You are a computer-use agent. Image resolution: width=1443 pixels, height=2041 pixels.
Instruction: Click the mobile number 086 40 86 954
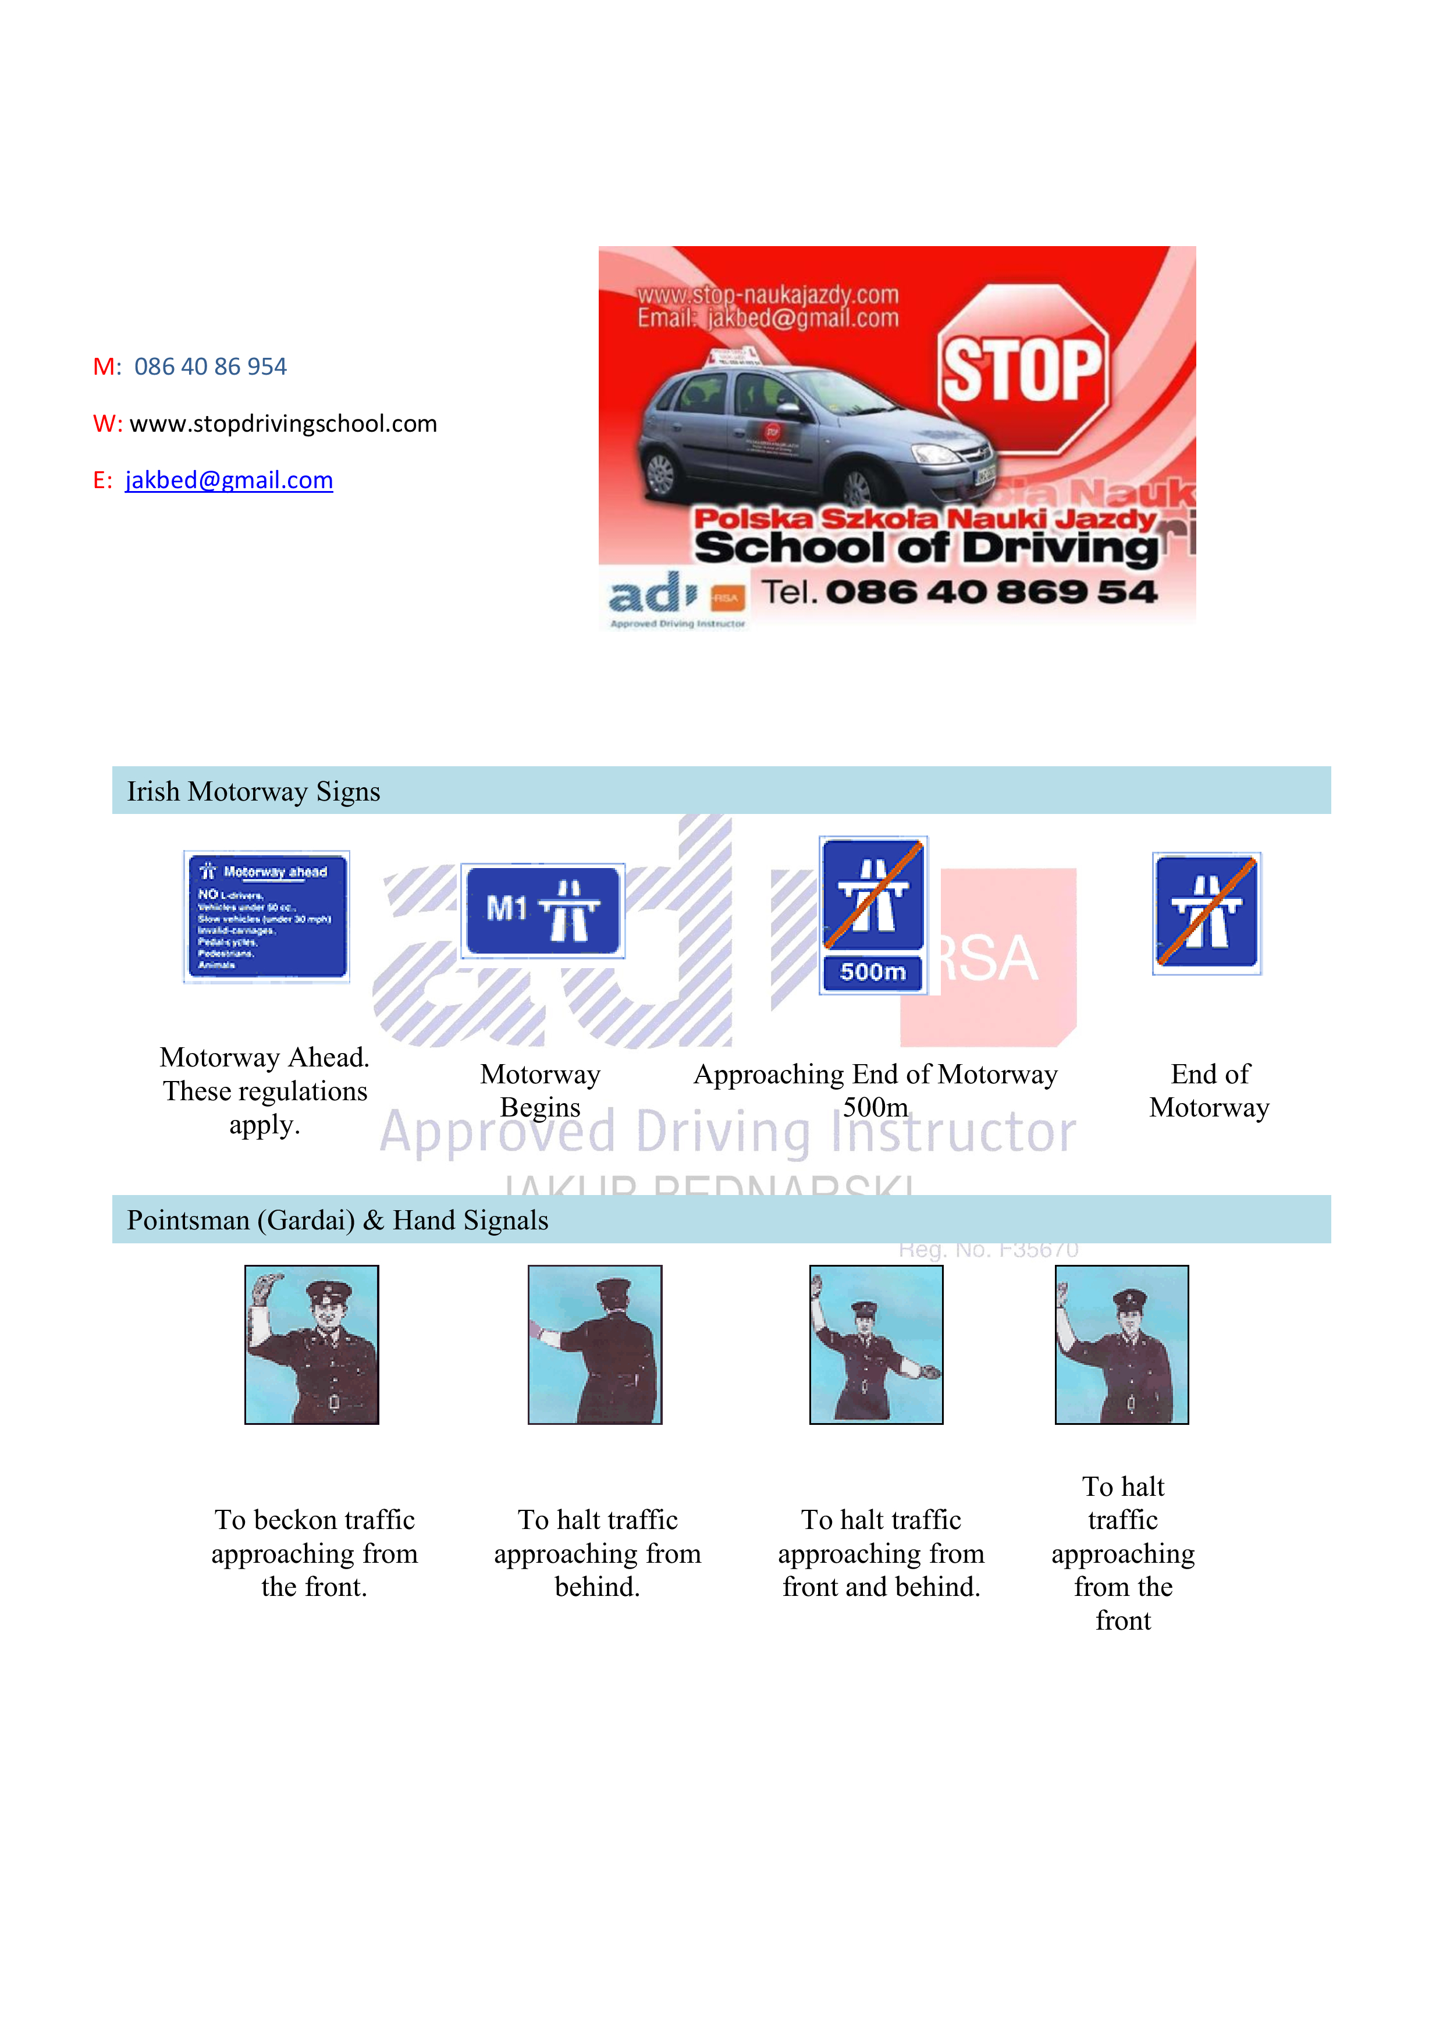click(210, 366)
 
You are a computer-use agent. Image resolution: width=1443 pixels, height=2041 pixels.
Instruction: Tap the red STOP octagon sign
click(1022, 368)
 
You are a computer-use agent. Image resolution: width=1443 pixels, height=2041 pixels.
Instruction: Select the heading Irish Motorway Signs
click(253, 791)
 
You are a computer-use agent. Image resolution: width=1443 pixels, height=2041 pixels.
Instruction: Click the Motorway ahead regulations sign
click(266, 916)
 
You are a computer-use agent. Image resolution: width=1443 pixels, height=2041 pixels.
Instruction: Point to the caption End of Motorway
click(1209, 1091)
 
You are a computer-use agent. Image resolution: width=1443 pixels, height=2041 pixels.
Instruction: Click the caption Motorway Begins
click(540, 1091)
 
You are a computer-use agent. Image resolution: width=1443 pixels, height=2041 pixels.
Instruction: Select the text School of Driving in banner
click(925, 547)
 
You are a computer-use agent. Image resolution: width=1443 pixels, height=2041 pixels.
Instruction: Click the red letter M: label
click(106, 366)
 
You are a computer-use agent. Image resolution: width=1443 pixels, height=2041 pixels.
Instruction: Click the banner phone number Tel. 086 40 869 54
click(958, 592)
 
